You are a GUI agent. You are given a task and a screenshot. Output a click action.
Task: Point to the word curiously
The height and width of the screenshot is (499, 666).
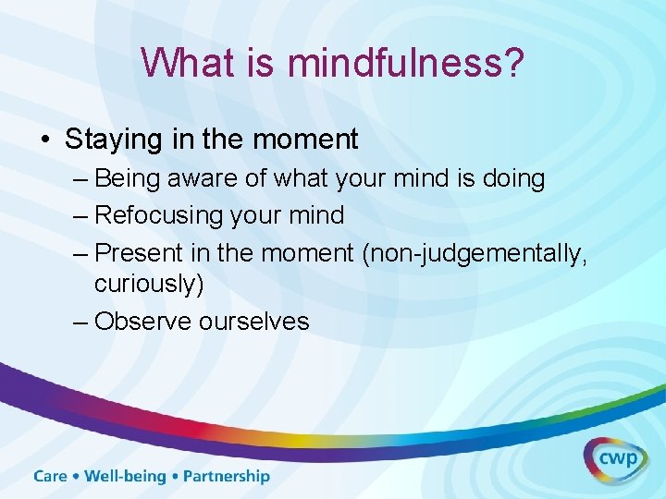[x=146, y=284]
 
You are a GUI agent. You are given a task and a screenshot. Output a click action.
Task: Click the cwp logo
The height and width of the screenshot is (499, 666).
[x=614, y=460]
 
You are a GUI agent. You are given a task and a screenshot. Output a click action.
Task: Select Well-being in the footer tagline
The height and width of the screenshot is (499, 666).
[x=126, y=477]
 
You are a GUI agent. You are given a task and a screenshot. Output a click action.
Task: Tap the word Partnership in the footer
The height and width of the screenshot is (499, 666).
[x=227, y=477]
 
